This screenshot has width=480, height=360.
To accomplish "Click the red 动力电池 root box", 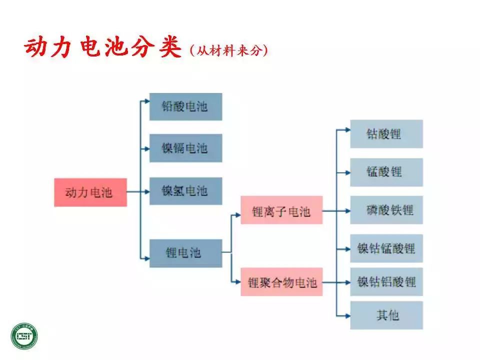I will [90, 192].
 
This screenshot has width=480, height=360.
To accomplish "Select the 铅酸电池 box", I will [185, 106].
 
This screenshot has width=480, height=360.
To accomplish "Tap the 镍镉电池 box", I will [185, 148].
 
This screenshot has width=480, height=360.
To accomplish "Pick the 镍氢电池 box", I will [185, 190].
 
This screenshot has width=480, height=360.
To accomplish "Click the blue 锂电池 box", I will [185, 253].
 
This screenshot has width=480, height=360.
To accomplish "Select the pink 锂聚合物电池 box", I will [281, 282].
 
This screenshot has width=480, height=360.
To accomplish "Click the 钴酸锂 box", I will [386, 133].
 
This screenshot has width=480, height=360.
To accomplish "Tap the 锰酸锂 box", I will [386, 172].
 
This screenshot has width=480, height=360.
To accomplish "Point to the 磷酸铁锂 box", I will [386, 210].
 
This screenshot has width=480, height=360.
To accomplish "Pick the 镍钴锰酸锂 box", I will [386, 248].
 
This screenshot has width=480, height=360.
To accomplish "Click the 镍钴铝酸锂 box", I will [386, 281].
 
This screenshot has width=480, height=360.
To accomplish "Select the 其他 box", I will [386, 315].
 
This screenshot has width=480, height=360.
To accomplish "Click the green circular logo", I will [25, 335].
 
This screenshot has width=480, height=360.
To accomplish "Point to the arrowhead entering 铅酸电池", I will [146, 101].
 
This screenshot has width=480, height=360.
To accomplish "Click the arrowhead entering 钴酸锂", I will [347, 129].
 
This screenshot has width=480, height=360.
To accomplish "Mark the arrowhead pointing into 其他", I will [347, 315].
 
